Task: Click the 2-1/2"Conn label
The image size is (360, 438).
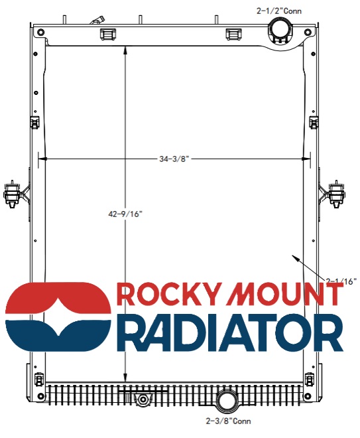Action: tap(279, 11)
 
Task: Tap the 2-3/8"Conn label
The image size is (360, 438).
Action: tap(228, 421)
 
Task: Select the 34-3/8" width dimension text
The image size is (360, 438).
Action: tap(174, 159)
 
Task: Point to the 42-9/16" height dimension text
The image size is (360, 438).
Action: tap(125, 214)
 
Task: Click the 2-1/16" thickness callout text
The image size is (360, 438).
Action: tap(341, 281)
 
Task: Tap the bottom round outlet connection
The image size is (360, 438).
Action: tap(228, 401)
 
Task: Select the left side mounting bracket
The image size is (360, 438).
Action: tap(13, 194)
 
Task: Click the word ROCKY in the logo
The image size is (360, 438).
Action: tap(166, 294)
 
